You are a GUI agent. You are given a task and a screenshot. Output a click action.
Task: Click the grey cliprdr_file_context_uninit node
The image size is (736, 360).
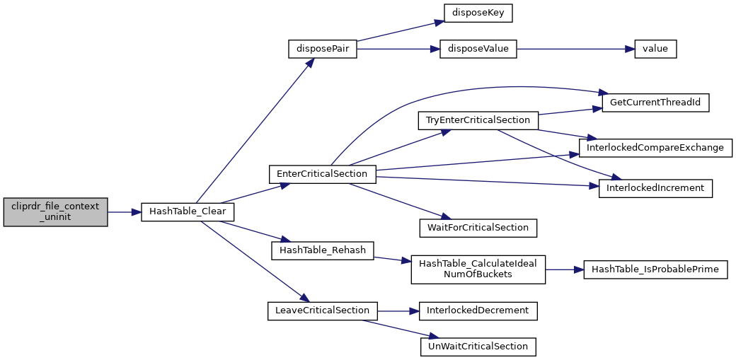[x=55, y=212]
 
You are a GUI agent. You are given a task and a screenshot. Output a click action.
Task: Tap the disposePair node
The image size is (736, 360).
[x=323, y=50]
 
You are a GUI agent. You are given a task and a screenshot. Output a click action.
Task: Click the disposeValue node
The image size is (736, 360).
[x=478, y=50]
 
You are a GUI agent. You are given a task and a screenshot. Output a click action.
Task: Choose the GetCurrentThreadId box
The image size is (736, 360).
[x=655, y=103]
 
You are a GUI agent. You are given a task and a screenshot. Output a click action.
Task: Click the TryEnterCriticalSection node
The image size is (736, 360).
[x=478, y=121]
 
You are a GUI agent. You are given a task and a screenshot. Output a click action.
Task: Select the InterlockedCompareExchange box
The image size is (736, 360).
[x=655, y=147]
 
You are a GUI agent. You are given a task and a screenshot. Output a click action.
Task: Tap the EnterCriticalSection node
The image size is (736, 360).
[x=323, y=174]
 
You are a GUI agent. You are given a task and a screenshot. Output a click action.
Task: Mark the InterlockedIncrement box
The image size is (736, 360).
[x=655, y=188]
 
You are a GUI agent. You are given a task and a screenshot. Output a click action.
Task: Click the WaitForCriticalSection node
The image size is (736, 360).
[x=478, y=228]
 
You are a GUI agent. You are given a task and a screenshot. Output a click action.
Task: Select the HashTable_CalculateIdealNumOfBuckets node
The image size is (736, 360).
[x=478, y=269]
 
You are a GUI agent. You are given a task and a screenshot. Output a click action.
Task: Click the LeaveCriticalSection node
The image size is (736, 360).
[x=323, y=310]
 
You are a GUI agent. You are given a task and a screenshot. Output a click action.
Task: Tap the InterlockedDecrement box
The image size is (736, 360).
[x=478, y=310]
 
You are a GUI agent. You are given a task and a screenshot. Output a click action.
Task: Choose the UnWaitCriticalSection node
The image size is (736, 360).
[x=478, y=347]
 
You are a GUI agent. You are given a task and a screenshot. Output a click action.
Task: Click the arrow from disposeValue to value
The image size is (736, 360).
[x=575, y=50]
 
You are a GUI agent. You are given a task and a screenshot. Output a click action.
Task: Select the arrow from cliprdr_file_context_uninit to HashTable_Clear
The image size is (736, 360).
[x=125, y=212]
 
